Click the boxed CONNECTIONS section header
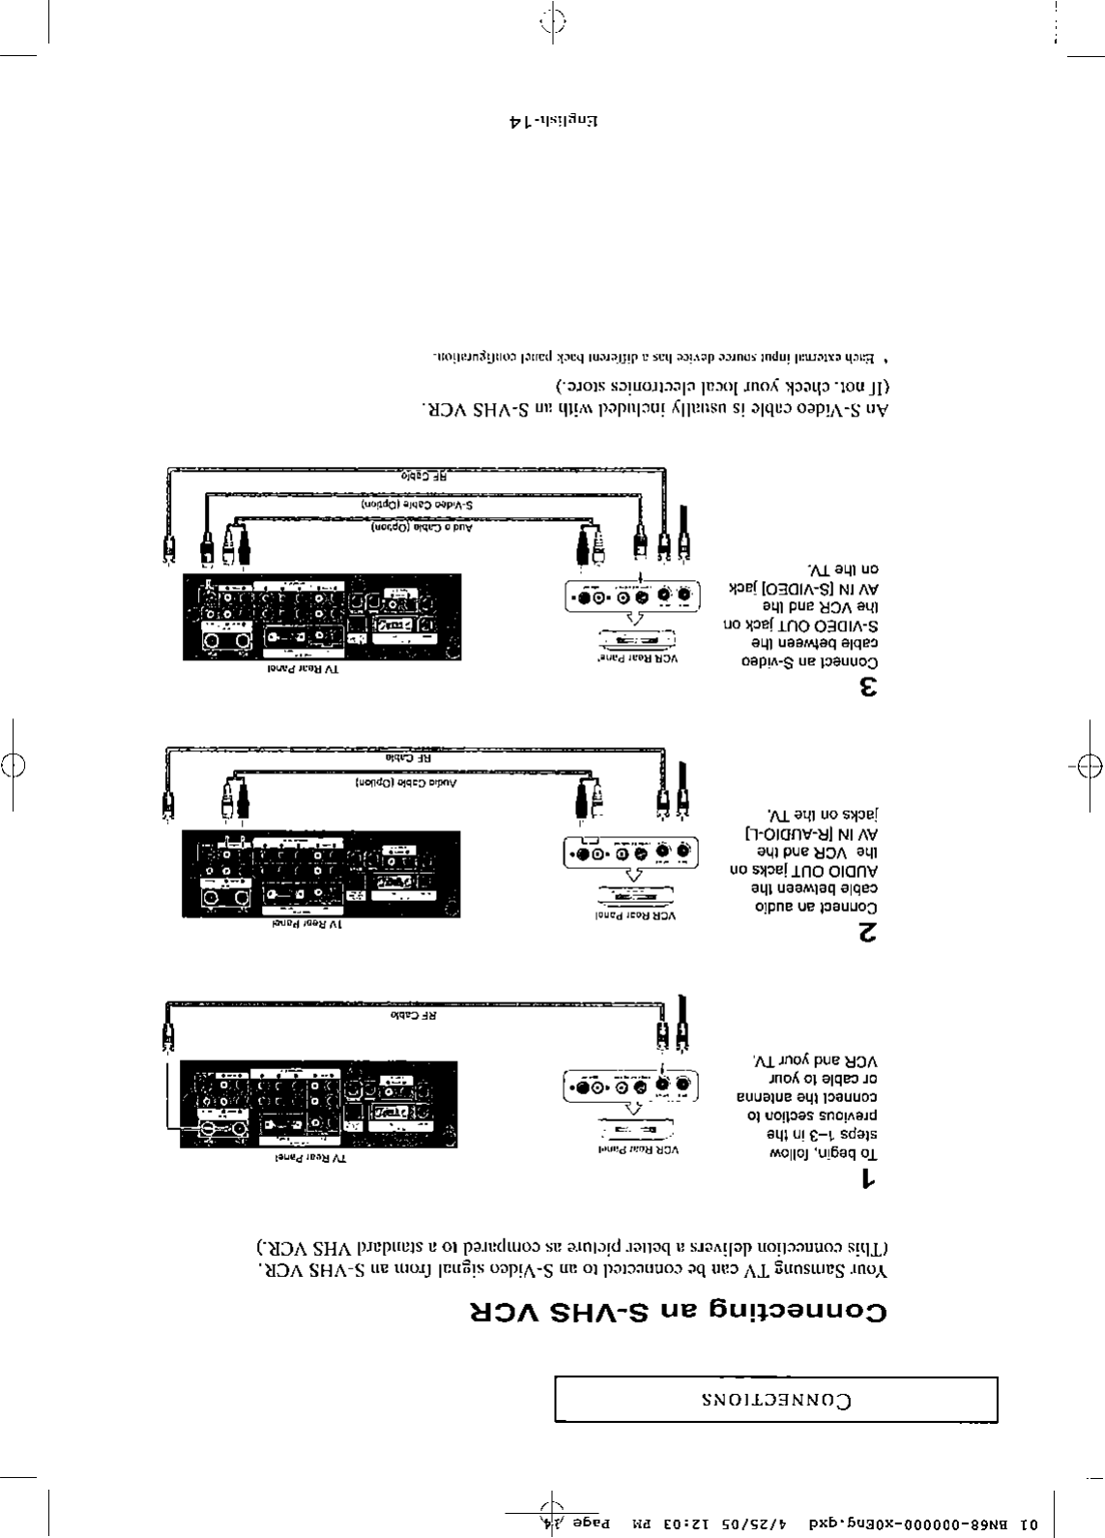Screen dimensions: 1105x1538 coord(775,1400)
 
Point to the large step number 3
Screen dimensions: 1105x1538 coord(868,688)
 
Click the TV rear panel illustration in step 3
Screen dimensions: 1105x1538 coord(322,617)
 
